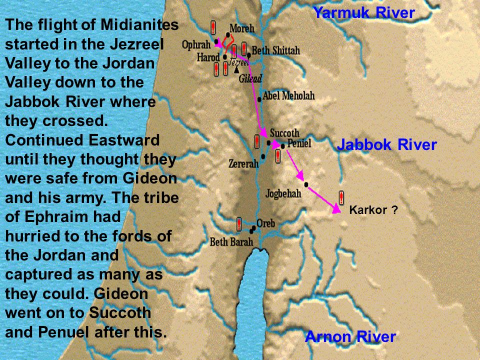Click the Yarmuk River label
[x=363, y=13]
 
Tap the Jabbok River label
[x=387, y=145]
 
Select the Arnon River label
[x=350, y=336]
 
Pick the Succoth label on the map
[x=284, y=133]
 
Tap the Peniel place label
[x=298, y=144]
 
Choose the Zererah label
[x=243, y=163]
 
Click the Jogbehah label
[x=283, y=192]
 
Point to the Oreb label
[x=265, y=223]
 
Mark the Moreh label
[x=241, y=28]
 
